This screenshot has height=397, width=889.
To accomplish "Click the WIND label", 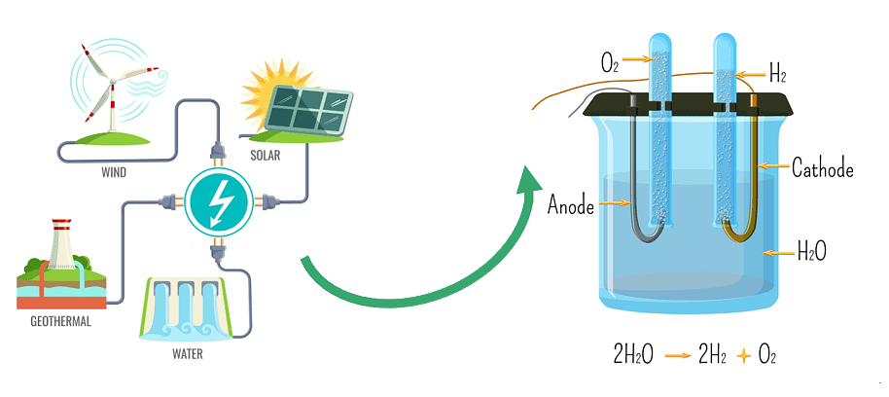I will (114, 172).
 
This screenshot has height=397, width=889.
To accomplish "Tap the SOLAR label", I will (266, 155).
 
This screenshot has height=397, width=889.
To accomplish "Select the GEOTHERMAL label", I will (53, 320).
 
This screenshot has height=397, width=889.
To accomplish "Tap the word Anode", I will (571, 205).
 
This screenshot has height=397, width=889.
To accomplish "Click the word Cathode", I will (822, 168).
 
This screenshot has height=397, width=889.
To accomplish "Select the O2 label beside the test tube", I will (610, 64).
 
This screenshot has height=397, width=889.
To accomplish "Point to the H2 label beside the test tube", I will (777, 73).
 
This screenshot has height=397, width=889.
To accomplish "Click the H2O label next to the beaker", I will (811, 254).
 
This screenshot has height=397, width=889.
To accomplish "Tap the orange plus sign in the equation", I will (745, 356).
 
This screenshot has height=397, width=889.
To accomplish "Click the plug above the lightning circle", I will (218, 155).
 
